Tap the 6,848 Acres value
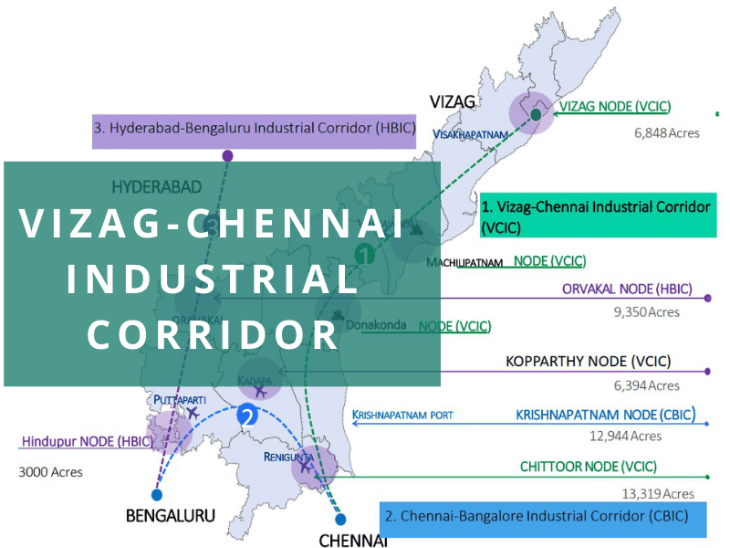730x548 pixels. pyautogui.click(x=667, y=133)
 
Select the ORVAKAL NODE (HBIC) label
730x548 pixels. pyautogui.click(x=627, y=290)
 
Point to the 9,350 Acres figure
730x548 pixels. pyautogui.click(x=647, y=312)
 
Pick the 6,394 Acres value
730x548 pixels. pyautogui.click(x=647, y=385)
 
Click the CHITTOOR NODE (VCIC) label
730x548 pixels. pyautogui.click(x=588, y=467)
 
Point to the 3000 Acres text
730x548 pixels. pyautogui.click(x=50, y=472)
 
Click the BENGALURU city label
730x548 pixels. pyautogui.click(x=171, y=516)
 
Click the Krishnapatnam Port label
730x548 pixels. pyautogui.click(x=402, y=416)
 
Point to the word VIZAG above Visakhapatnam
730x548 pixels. pyautogui.click(x=454, y=101)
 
